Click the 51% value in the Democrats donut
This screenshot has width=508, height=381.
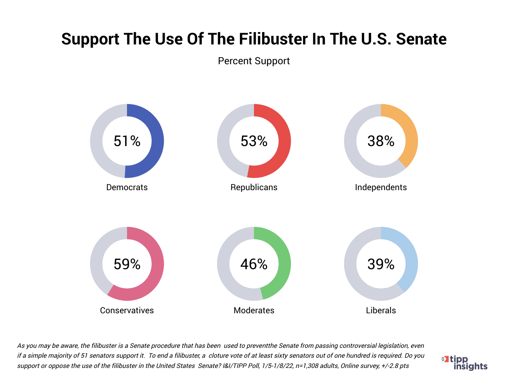(127, 141)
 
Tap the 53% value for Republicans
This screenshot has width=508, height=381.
(254, 141)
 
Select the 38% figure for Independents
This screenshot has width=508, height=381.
(381, 141)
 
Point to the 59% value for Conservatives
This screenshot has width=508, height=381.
(127, 264)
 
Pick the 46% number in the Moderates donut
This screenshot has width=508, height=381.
(254, 264)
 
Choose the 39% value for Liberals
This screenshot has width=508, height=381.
(381, 264)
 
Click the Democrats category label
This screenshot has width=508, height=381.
(127, 187)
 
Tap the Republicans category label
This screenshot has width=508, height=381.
(254, 187)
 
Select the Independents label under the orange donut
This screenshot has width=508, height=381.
(381, 187)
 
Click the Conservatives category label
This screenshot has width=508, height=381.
(127, 310)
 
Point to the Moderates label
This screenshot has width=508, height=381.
(254, 310)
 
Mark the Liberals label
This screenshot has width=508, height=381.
(381, 310)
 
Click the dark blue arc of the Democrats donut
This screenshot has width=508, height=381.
(158, 141)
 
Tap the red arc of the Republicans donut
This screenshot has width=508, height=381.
(285, 141)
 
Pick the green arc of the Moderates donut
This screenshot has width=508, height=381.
(284, 261)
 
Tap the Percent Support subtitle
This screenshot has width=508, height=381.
(254, 61)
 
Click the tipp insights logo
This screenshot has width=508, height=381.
(465, 363)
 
